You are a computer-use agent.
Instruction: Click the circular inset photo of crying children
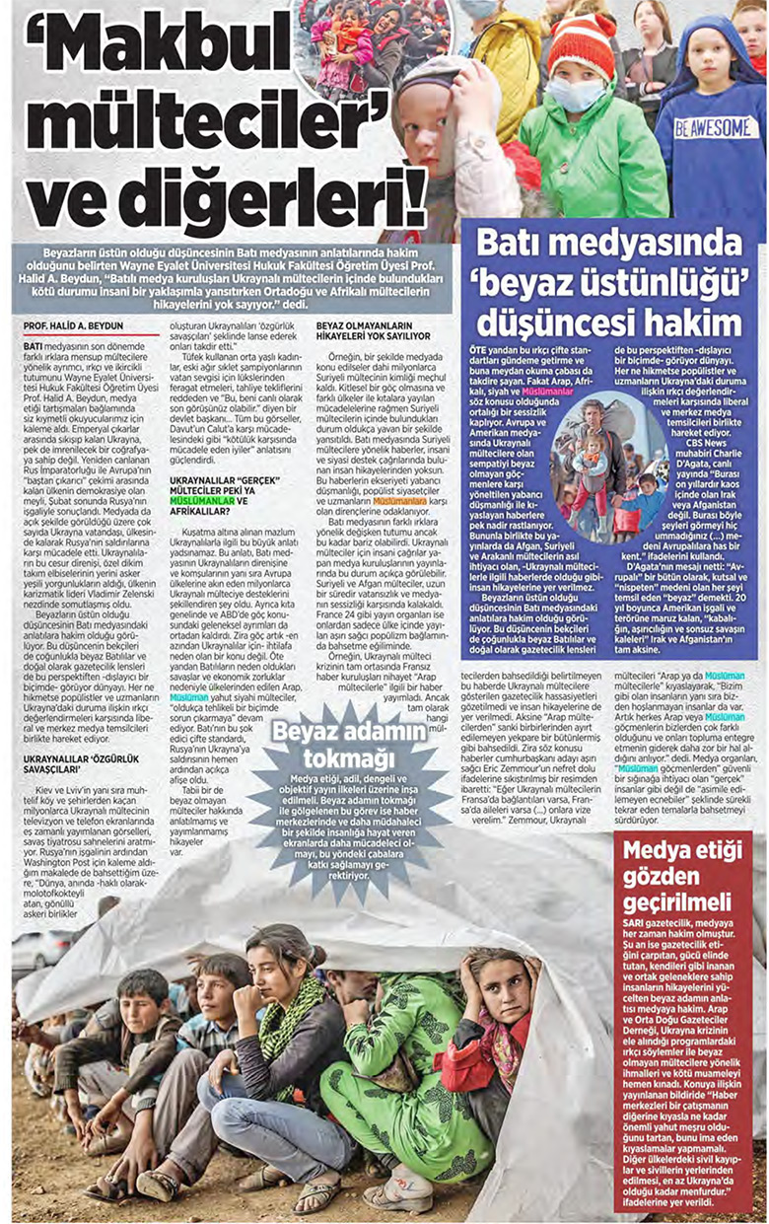(375, 44)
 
